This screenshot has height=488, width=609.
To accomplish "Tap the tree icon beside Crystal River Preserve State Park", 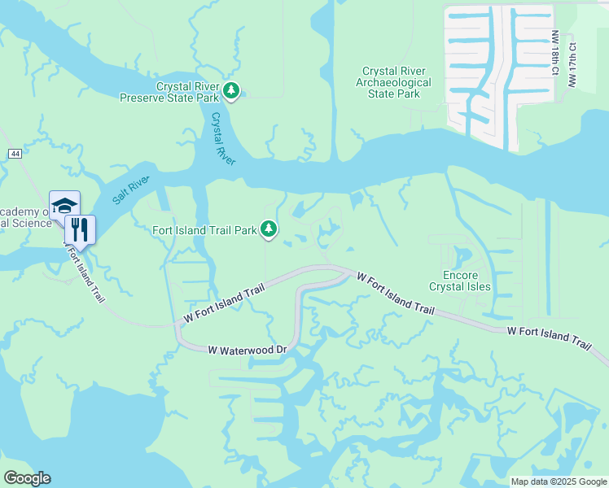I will tap(232, 91).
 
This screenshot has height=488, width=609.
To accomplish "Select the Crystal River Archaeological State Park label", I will tap(394, 82).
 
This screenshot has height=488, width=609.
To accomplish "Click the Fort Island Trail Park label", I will tap(204, 230).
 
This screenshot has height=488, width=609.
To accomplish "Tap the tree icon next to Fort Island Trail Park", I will tap(269, 230).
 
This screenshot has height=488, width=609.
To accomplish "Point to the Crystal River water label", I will tap(222, 139).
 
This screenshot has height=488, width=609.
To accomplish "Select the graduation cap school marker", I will tap(64, 205).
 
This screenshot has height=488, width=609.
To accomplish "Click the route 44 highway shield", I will tap(15, 154).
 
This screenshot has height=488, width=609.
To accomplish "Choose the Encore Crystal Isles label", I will tap(460, 281).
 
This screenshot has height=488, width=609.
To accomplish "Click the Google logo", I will tap(27, 478).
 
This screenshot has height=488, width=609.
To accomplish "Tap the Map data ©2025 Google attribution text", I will tap(558, 481).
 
